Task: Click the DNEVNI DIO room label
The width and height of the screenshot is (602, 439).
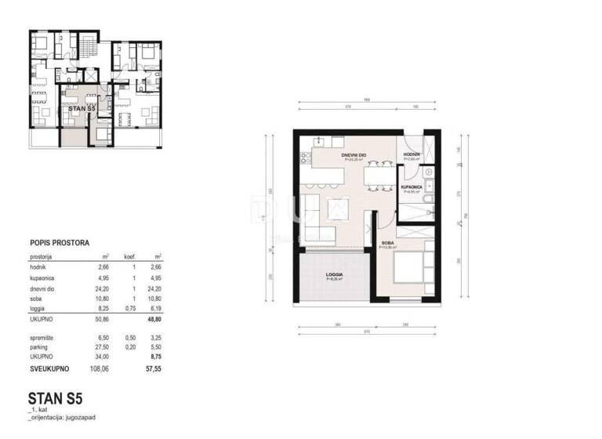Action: [355, 156]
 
